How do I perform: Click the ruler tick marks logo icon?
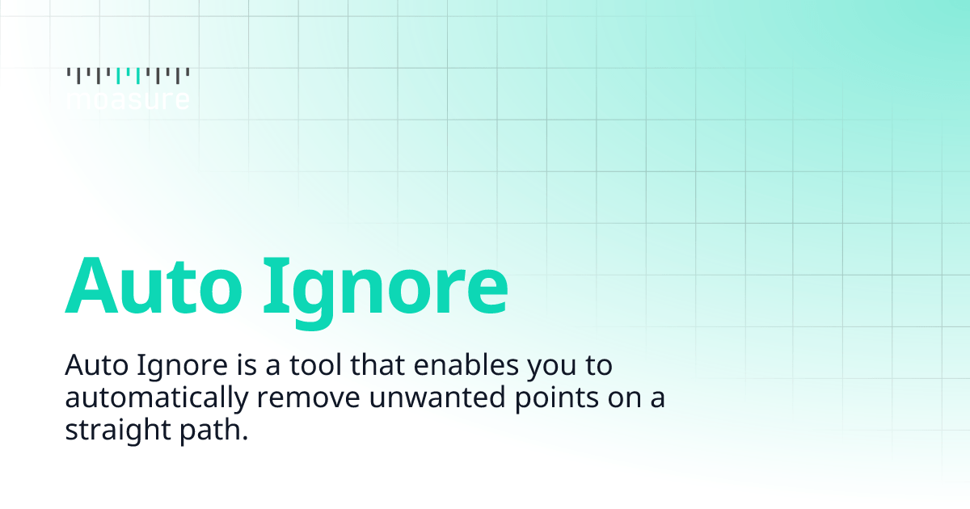(x=128, y=76)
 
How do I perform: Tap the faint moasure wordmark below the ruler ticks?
(x=128, y=100)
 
